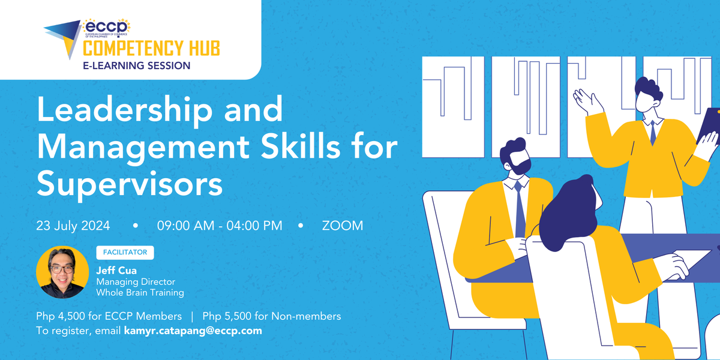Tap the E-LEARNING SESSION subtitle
(x=137, y=65)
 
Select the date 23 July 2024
(x=73, y=226)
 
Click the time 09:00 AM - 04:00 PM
(x=220, y=226)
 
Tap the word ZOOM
(x=343, y=226)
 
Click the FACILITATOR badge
(x=125, y=253)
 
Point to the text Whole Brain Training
(x=140, y=293)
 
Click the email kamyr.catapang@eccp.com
(x=193, y=331)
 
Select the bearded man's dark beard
(x=520, y=165)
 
